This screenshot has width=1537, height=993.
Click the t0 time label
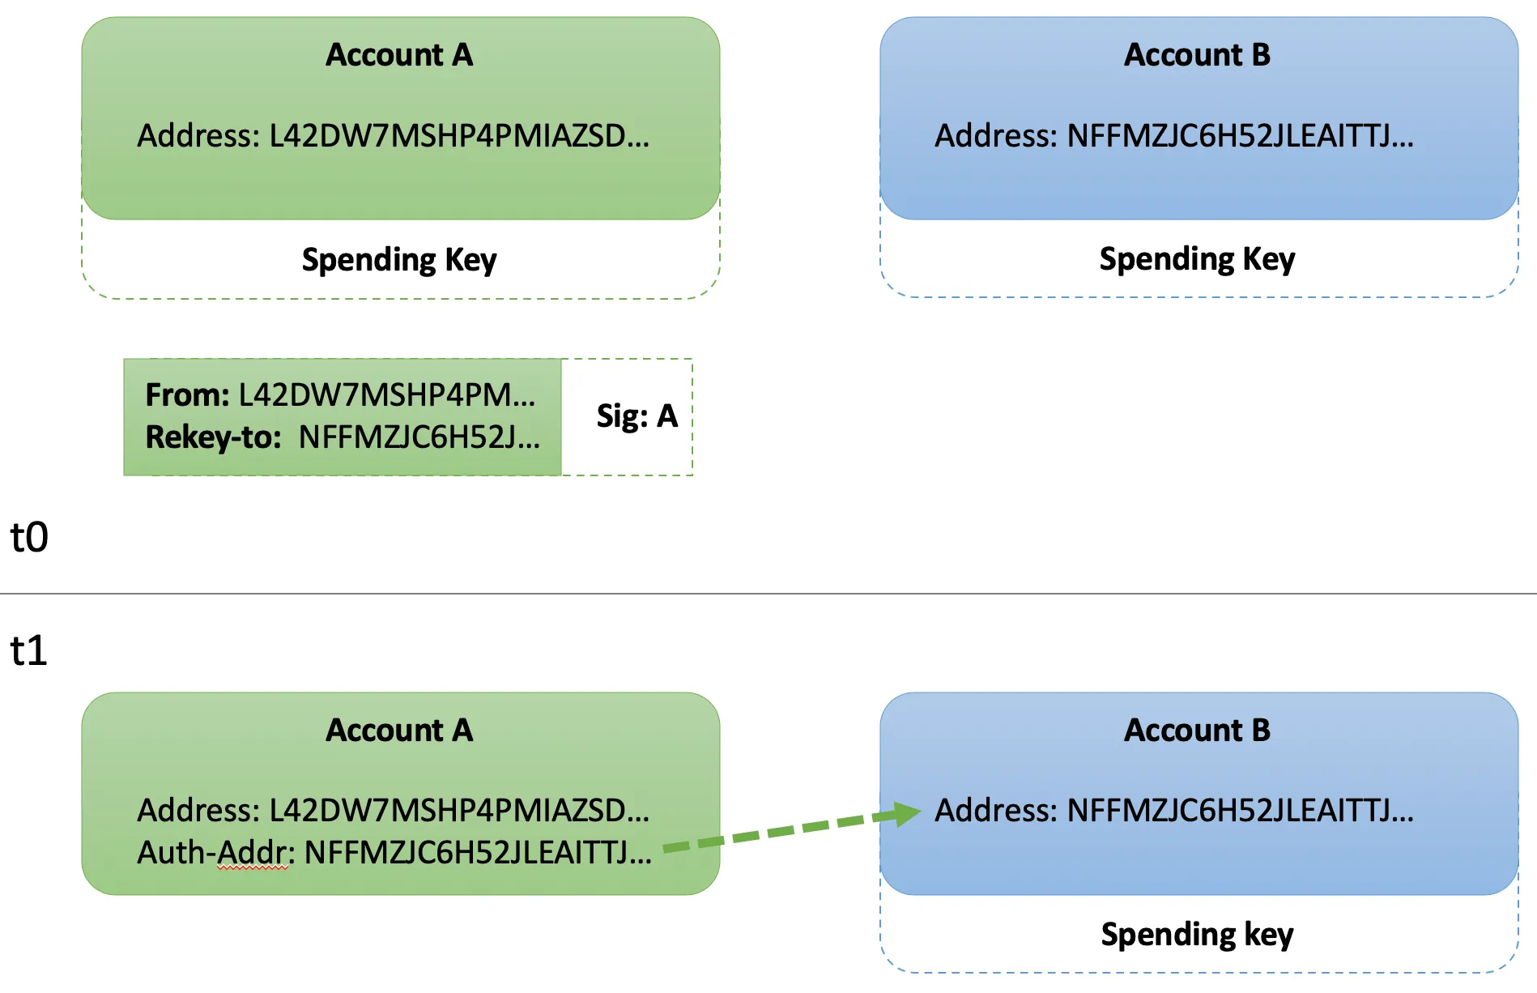[29, 537]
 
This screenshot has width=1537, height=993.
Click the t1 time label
[29, 650]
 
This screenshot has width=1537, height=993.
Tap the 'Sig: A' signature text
[637, 416]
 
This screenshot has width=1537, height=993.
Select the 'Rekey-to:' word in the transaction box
[213, 437]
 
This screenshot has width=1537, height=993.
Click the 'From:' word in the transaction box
[187, 395]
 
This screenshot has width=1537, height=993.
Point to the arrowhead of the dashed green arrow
[909, 813]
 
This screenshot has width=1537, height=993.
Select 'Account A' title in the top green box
[399, 55]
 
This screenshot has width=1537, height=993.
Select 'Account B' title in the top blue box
[1197, 55]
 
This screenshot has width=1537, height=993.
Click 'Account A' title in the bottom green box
[399, 731]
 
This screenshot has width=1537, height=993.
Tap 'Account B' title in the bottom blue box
[1197, 731]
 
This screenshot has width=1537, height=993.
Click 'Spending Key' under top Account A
[399, 260]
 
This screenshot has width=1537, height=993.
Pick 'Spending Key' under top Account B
[1197, 259]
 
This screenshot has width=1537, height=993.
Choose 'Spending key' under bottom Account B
[1197, 935]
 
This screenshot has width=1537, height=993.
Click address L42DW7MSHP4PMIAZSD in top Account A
[458, 136]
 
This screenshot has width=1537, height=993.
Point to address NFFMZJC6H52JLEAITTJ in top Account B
[1240, 136]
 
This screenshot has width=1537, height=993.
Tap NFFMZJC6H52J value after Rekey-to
[419, 437]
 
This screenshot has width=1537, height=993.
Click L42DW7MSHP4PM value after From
[386, 395]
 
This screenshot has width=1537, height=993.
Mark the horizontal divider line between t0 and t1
[768, 594]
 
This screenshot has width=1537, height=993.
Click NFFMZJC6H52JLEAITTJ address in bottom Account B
[1240, 811]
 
